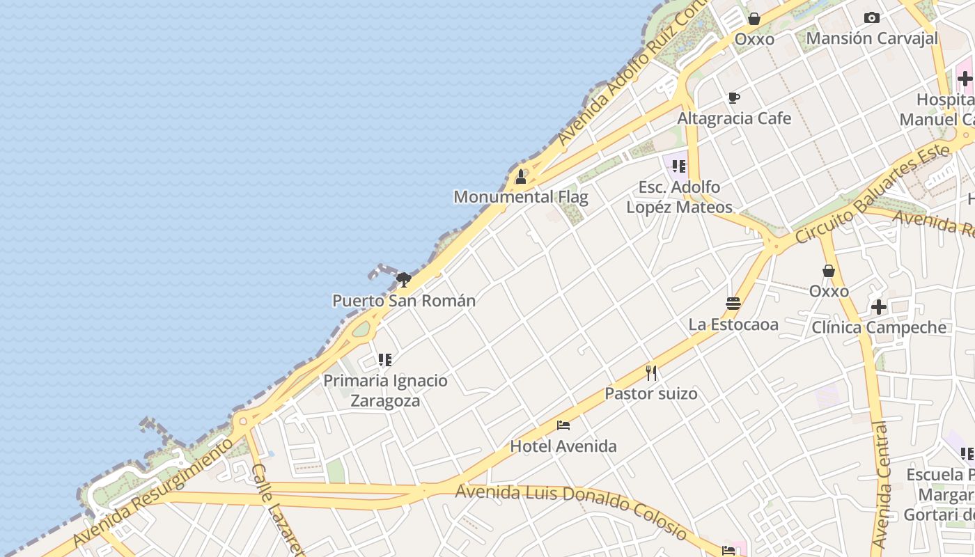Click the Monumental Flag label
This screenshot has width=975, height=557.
click(x=521, y=197)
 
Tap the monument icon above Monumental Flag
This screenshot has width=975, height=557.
click(x=520, y=177)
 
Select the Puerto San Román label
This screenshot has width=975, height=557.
click(x=404, y=301)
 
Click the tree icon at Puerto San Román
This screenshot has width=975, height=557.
click(x=403, y=280)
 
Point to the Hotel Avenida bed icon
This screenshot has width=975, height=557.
click(x=563, y=425)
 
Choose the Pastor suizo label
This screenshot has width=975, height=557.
click(x=650, y=393)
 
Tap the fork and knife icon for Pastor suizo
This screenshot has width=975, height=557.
click(x=651, y=373)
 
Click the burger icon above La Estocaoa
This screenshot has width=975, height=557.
click(x=733, y=304)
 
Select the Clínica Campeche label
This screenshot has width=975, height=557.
click(x=879, y=327)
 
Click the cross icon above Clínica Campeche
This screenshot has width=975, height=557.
click(x=879, y=306)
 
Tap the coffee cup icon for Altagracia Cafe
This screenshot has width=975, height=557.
click(x=734, y=97)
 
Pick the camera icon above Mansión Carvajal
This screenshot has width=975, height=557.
click(x=871, y=17)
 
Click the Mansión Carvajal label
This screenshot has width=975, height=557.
click(x=872, y=38)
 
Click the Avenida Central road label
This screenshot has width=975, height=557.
click(x=881, y=484)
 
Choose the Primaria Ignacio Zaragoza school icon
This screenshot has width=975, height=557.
click(x=385, y=360)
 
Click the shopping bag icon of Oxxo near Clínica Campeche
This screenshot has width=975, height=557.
click(x=829, y=270)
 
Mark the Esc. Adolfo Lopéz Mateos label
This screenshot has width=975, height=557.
click(x=679, y=197)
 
